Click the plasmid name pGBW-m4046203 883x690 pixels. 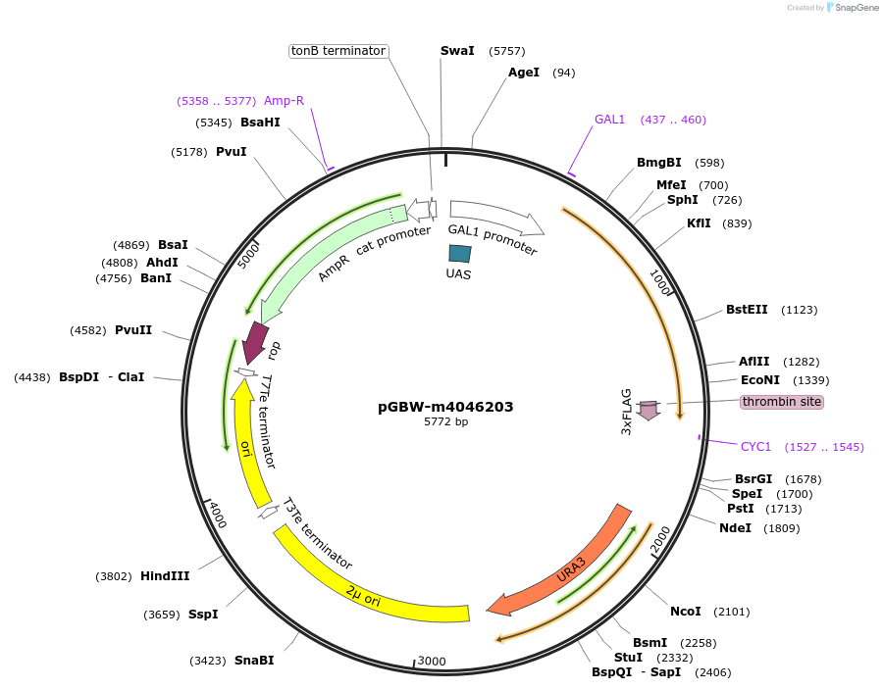tap(445, 407)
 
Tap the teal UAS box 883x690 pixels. tap(459, 253)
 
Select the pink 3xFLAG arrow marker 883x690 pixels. tap(649, 410)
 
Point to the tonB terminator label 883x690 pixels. tap(338, 51)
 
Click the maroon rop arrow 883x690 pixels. tap(256, 342)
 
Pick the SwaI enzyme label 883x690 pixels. tap(457, 51)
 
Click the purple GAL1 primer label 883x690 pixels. tap(609, 120)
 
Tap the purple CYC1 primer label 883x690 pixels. tap(755, 447)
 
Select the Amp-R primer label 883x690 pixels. tap(284, 101)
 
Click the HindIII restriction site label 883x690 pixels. tap(165, 576)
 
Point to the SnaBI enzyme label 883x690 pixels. tap(254, 661)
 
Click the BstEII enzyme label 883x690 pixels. tap(747, 310)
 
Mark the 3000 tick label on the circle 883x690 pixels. tap(433, 662)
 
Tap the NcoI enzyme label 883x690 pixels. tap(686, 612)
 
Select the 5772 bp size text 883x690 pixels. tap(445, 422)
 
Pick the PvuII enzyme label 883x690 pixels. tap(133, 329)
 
